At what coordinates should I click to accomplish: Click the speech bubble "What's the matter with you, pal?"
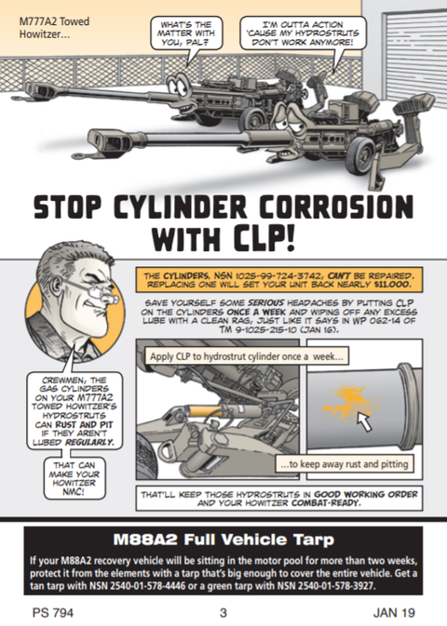[x=186, y=33]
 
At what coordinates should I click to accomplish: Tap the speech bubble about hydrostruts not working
[x=303, y=33]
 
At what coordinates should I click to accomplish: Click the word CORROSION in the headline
[x=336, y=207]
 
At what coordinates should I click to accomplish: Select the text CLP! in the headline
[x=264, y=239]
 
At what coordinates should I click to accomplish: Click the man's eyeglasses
[x=92, y=289]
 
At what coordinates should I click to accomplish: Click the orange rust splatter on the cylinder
[x=348, y=402]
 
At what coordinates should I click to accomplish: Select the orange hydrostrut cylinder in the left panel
[x=205, y=411]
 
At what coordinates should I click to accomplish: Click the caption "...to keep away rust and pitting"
[x=345, y=464]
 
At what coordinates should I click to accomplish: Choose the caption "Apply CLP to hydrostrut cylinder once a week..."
[x=247, y=356]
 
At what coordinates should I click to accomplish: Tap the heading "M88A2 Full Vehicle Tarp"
[x=223, y=539]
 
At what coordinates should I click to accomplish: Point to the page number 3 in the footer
[x=223, y=612]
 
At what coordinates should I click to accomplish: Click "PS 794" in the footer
[x=53, y=612]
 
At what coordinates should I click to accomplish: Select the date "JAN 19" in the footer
[x=394, y=612]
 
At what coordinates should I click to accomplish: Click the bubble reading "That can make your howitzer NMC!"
[x=74, y=478]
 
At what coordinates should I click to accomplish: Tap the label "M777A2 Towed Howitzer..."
[x=54, y=28]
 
